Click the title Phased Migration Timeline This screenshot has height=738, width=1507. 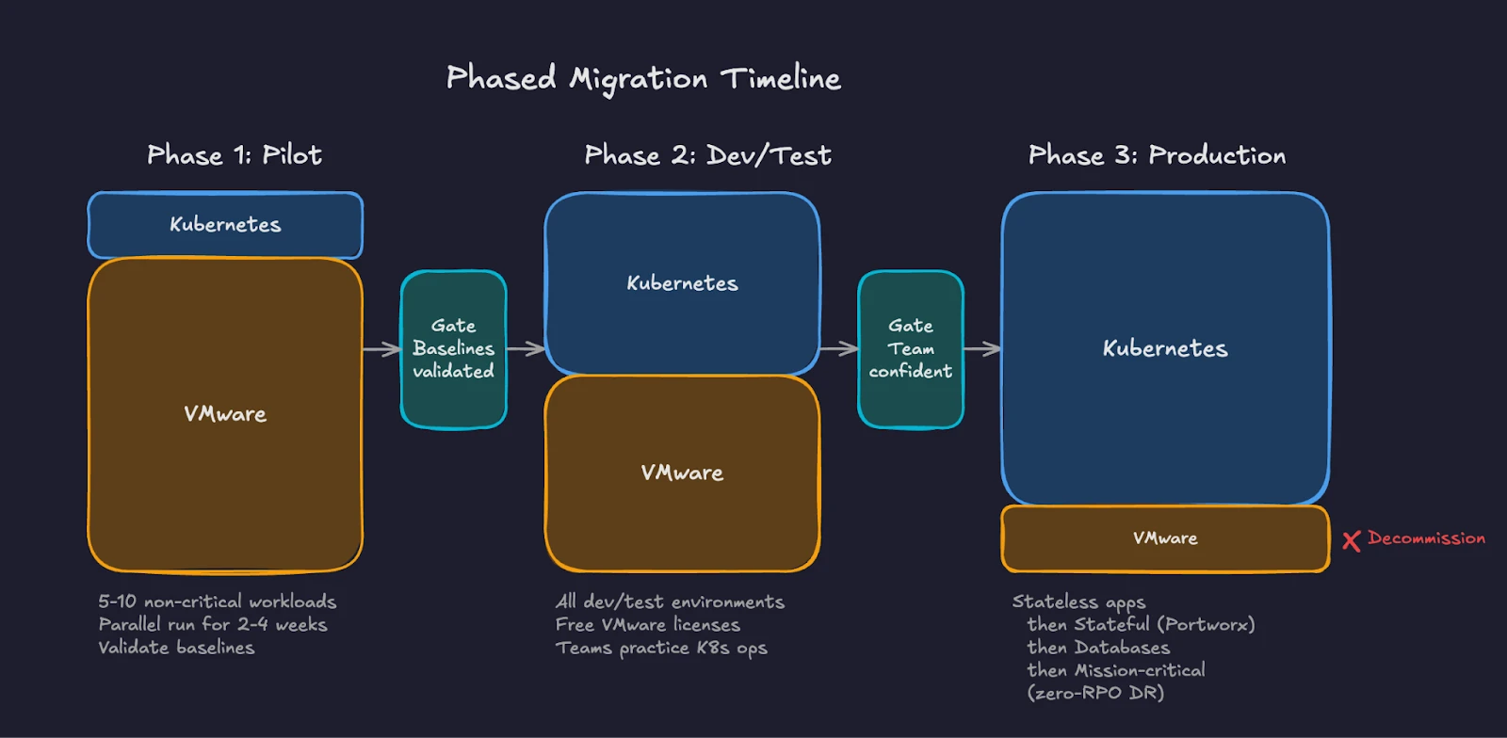coord(643,78)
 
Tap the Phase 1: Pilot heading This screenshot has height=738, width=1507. coord(235,155)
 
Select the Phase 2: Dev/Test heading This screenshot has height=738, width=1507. coord(707,155)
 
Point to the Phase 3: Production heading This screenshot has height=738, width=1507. coord(1157,155)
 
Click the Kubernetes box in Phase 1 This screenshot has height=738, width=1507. coord(225,225)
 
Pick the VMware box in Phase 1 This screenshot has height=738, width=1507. coord(225,414)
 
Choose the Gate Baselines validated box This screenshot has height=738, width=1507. coord(453,349)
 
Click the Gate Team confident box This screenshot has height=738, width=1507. coord(910,349)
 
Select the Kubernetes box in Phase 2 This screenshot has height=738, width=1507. coord(682,283)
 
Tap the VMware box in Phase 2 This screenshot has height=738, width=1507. coord(682,473)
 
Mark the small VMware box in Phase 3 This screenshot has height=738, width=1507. coord(1165,538)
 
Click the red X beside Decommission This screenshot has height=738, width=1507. coord(1352,540)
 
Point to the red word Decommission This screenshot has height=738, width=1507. coord(1426,538)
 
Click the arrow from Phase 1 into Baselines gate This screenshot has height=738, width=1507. coord(381,349)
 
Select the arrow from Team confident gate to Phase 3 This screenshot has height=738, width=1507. coord(981,349)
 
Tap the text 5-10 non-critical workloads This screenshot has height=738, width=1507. coord(218,602)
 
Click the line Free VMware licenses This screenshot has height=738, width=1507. coord(648,625)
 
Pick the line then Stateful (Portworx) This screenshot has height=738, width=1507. coord(1141,625)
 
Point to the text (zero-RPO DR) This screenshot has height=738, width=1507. coord(1095,694)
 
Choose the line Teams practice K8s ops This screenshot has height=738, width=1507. coord(661,649)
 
